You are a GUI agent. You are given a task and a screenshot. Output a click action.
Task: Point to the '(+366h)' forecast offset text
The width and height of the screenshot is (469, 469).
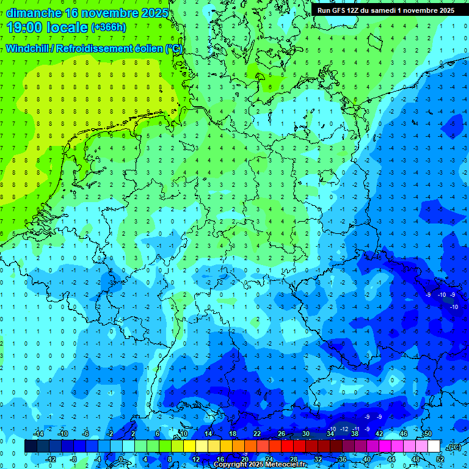(108, 27)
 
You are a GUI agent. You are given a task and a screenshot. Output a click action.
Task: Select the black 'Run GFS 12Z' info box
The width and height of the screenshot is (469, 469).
(385, 10)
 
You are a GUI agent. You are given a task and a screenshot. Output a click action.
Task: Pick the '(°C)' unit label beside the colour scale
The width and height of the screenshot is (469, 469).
(454, 447)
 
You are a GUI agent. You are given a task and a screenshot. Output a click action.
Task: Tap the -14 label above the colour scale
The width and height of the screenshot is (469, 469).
(37, 434)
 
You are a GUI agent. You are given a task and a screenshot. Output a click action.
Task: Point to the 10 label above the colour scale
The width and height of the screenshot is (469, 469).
(183, 434)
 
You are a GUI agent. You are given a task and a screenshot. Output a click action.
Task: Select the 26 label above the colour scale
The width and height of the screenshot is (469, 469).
(282, 434)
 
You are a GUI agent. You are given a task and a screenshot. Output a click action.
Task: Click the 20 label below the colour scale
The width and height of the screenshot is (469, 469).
(244, 459)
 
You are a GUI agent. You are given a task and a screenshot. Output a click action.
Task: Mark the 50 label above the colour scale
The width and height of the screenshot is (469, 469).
(428, 434)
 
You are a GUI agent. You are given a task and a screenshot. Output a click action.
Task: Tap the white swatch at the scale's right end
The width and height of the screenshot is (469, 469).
(434, 446)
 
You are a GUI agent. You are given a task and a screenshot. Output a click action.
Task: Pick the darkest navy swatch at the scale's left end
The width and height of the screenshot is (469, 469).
(31, 446)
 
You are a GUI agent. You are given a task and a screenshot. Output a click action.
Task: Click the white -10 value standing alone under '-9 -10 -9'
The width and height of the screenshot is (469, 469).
(454, 307)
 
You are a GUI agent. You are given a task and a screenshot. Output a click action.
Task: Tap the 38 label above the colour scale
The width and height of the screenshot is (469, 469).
(355, 434)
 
